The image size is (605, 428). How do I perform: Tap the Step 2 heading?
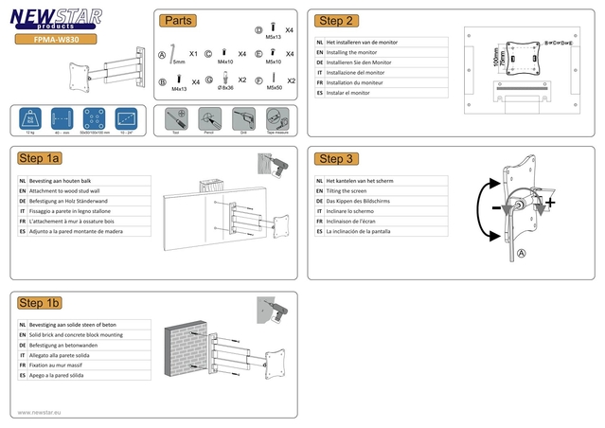click(x=337, y=20)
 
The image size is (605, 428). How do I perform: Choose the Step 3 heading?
click(x=337, y=158)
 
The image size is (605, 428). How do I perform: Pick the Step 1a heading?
click(x=40, y=158)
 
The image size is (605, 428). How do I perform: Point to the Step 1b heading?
click(x=40, y=302)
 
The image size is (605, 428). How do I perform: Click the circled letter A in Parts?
click(x=162, y=55)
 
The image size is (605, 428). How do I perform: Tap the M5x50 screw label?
click(x=274, y=88)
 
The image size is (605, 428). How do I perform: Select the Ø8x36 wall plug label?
click(x=225, y=88)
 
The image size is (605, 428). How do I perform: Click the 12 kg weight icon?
click(x=31, y=120)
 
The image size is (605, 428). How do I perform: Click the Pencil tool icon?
click(x=206, y=119)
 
